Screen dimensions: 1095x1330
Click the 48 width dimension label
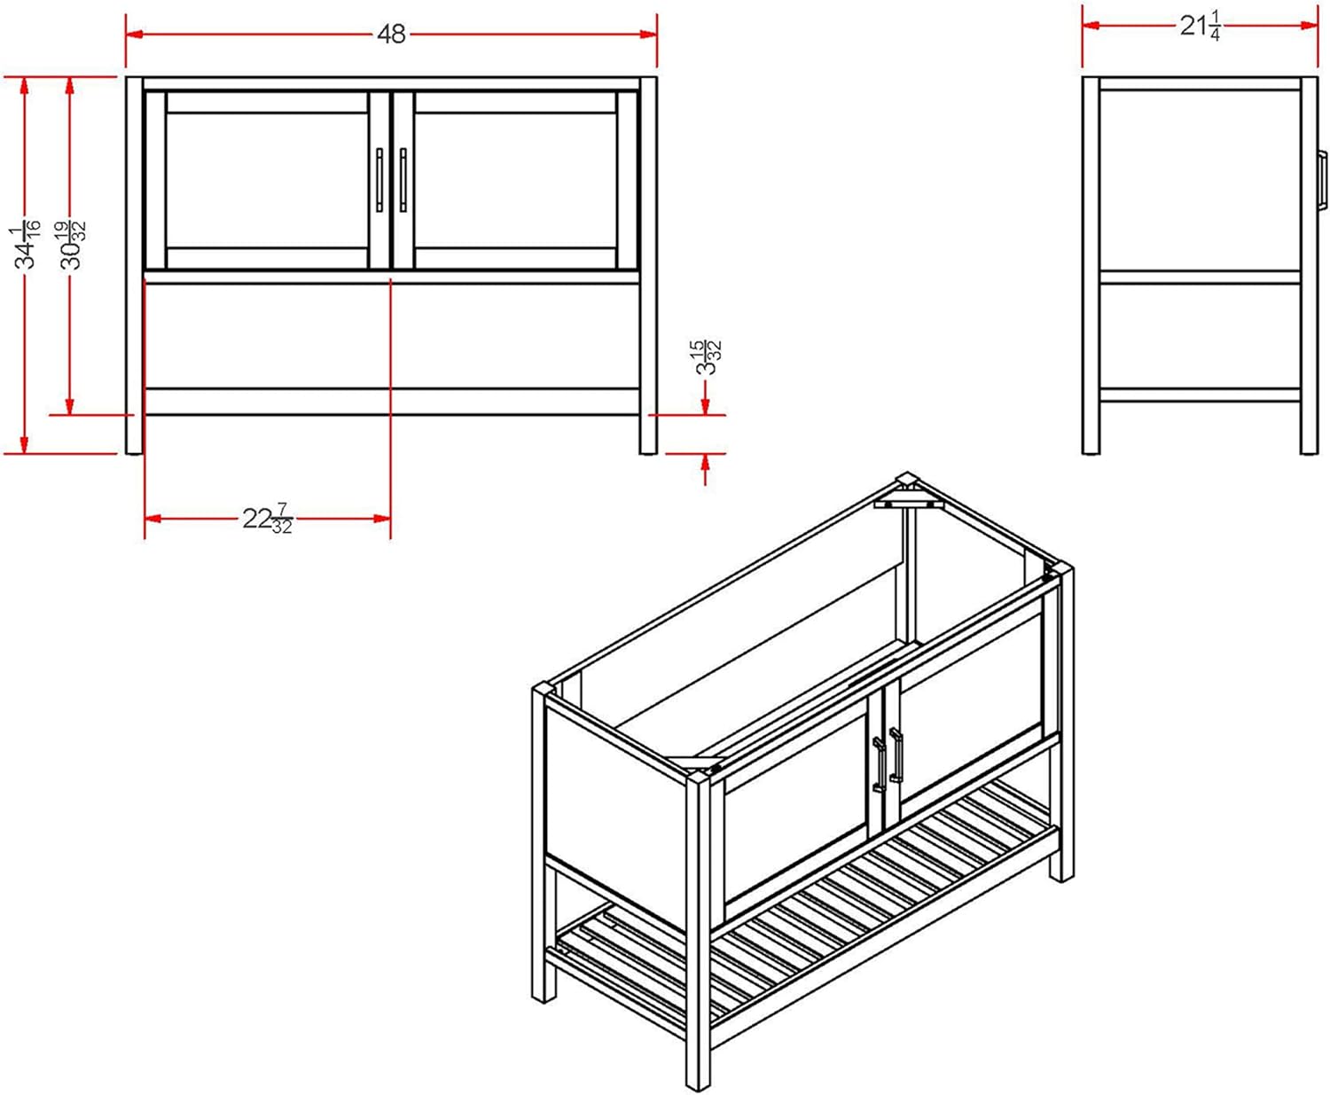pos(391,35)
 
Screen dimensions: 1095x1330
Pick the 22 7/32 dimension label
pos(267,519)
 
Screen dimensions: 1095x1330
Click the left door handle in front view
pos(379,180)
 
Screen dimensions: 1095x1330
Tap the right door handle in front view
pos(403,180)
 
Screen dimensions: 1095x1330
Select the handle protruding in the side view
pos(1322,181)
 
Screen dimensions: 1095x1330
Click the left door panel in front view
pos(267,180)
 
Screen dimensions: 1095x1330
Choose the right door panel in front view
pos(515,180)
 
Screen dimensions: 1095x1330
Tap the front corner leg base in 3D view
pos(698,1077)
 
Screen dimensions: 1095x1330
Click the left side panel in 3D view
pos(612,807)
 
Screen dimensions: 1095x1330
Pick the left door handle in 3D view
pos(879,764)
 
